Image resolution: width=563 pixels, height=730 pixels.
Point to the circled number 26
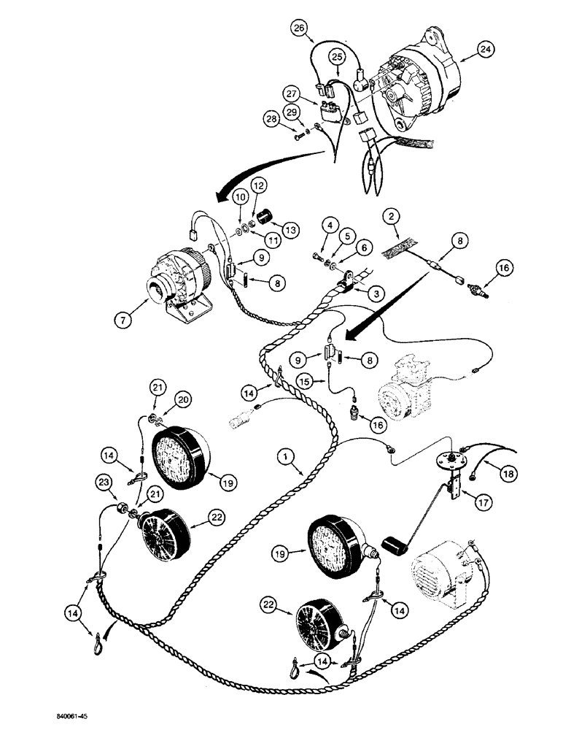click(x=299, y=28)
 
